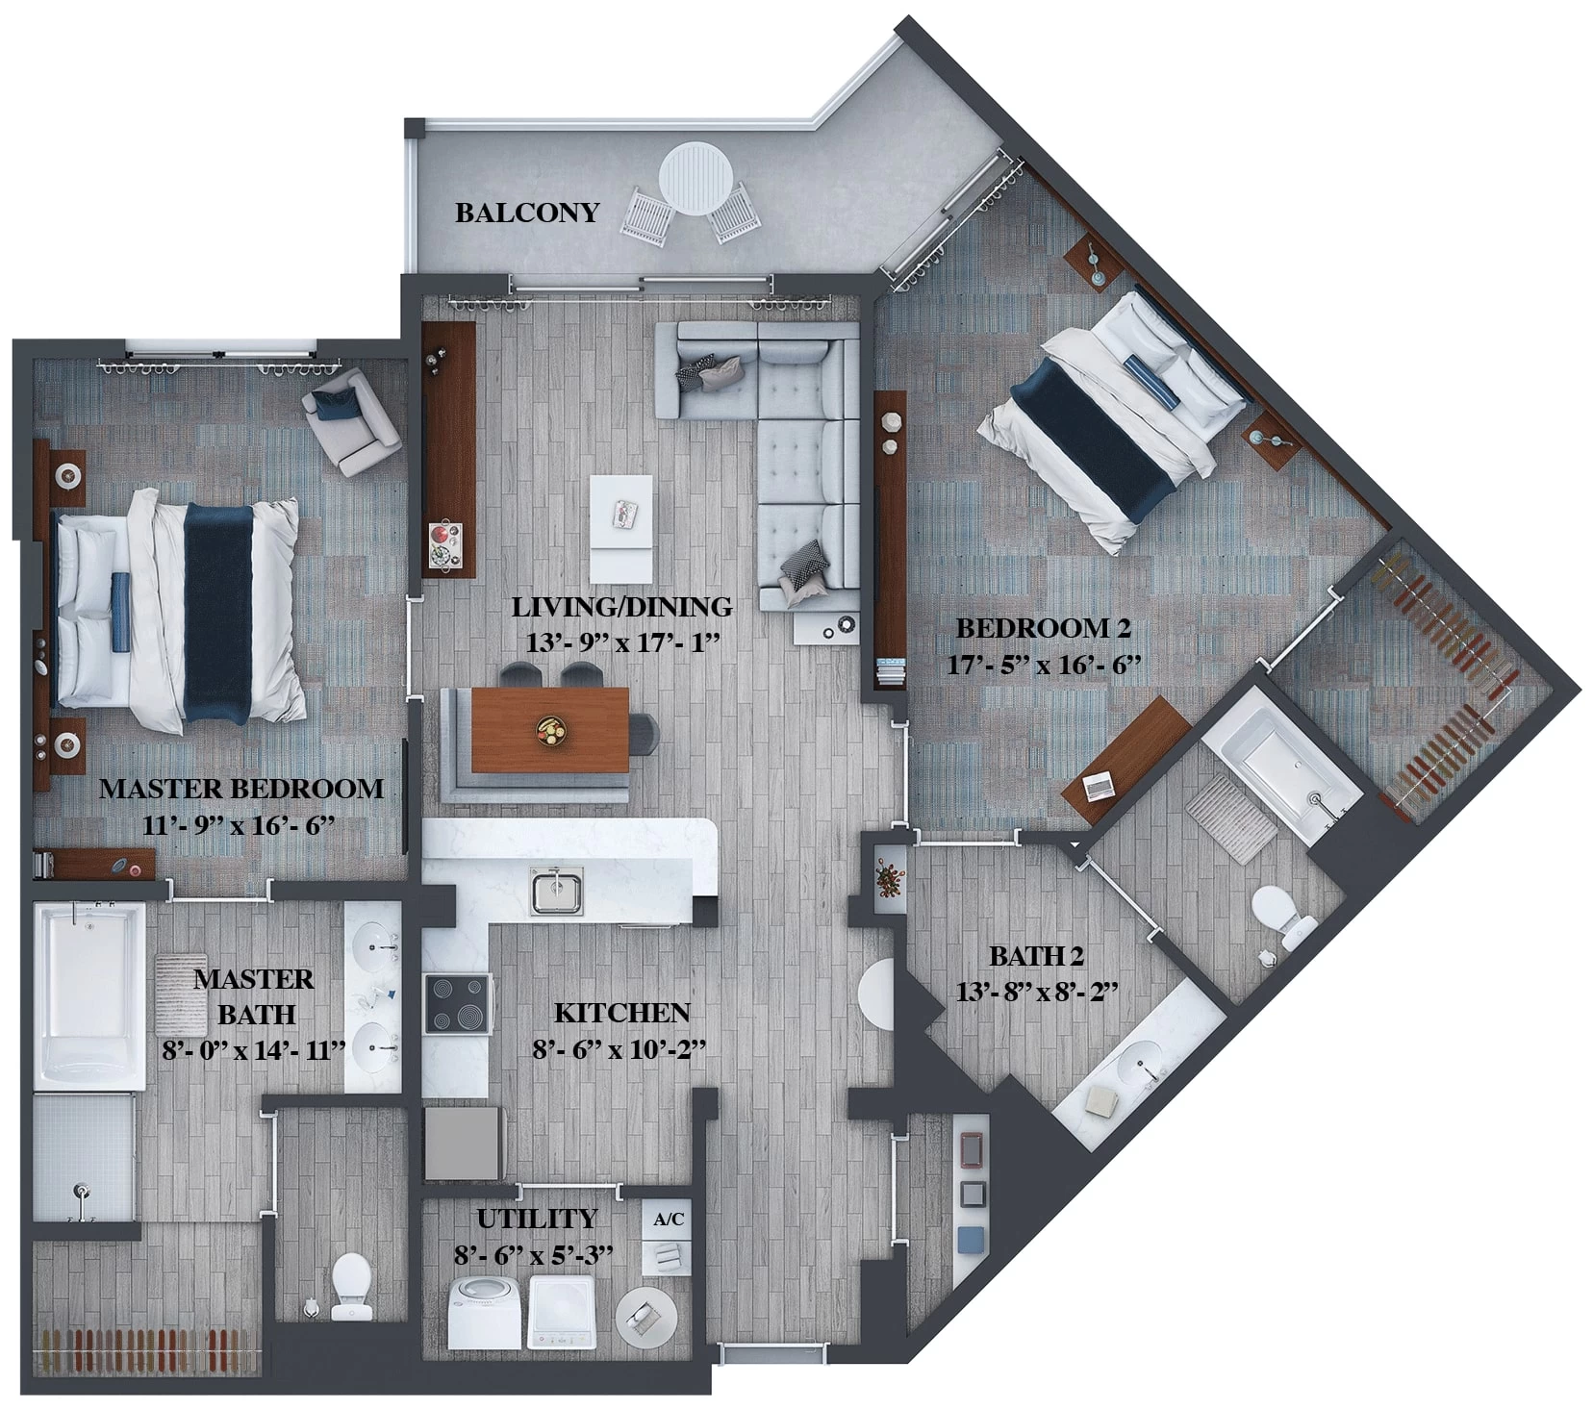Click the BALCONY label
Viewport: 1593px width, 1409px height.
click(x=527, y=213)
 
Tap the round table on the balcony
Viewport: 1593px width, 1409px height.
click(x=696, y=180)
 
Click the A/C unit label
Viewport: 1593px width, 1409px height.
click(x=669, y=1220)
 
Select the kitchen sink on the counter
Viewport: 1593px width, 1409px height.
click(x=557, y=891)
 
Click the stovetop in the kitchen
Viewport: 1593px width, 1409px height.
click(x=458, y=1004)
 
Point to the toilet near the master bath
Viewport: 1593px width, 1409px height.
click(x=351, y=1289)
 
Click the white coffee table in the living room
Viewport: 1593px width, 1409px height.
click(x=621, y=528)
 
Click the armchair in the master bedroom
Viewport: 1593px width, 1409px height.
click(x=351, y=421)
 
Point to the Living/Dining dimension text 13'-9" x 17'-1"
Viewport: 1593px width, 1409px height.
click(x=623, y=643)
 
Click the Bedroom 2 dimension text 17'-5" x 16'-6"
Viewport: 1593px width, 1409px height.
click(x=1044, y=665)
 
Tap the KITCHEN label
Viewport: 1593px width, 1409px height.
click(x=621, y=1013)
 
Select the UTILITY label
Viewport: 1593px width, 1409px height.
click(x=537, y=1219)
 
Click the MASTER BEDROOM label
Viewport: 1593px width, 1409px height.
click(x=241, y=789)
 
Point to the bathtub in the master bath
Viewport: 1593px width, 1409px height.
click(x=89, y=995)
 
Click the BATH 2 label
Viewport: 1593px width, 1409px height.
click(x=1036, y=957)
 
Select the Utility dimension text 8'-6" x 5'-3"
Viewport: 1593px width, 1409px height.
click(x=534, y=1255)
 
